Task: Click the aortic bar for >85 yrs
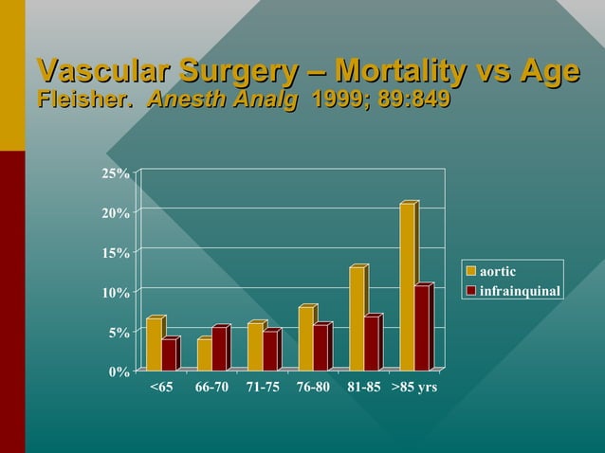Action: tap(408, 287)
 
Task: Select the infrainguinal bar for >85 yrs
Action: tap(423, 328)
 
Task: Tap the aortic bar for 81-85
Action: tap(357, 319)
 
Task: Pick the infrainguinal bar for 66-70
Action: tap(219, 349)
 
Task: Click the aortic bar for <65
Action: tap(154, 344)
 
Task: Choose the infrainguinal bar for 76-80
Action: tap(321, 347)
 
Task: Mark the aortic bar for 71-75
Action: tap(255, 347)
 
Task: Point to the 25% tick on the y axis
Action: tap(117, 173)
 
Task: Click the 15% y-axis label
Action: tap(117, 253)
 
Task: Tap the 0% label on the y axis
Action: tap(119, 371)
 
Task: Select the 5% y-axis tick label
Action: tap(119, 333)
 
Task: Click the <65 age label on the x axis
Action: tap(161, 388)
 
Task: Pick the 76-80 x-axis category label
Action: tap(313, 388)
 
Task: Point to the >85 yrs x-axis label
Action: tap(414, 388)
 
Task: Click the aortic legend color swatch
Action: tap(471, 273)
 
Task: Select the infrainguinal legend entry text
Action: tap(520, 290)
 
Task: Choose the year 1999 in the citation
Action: tap(332, 99)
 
